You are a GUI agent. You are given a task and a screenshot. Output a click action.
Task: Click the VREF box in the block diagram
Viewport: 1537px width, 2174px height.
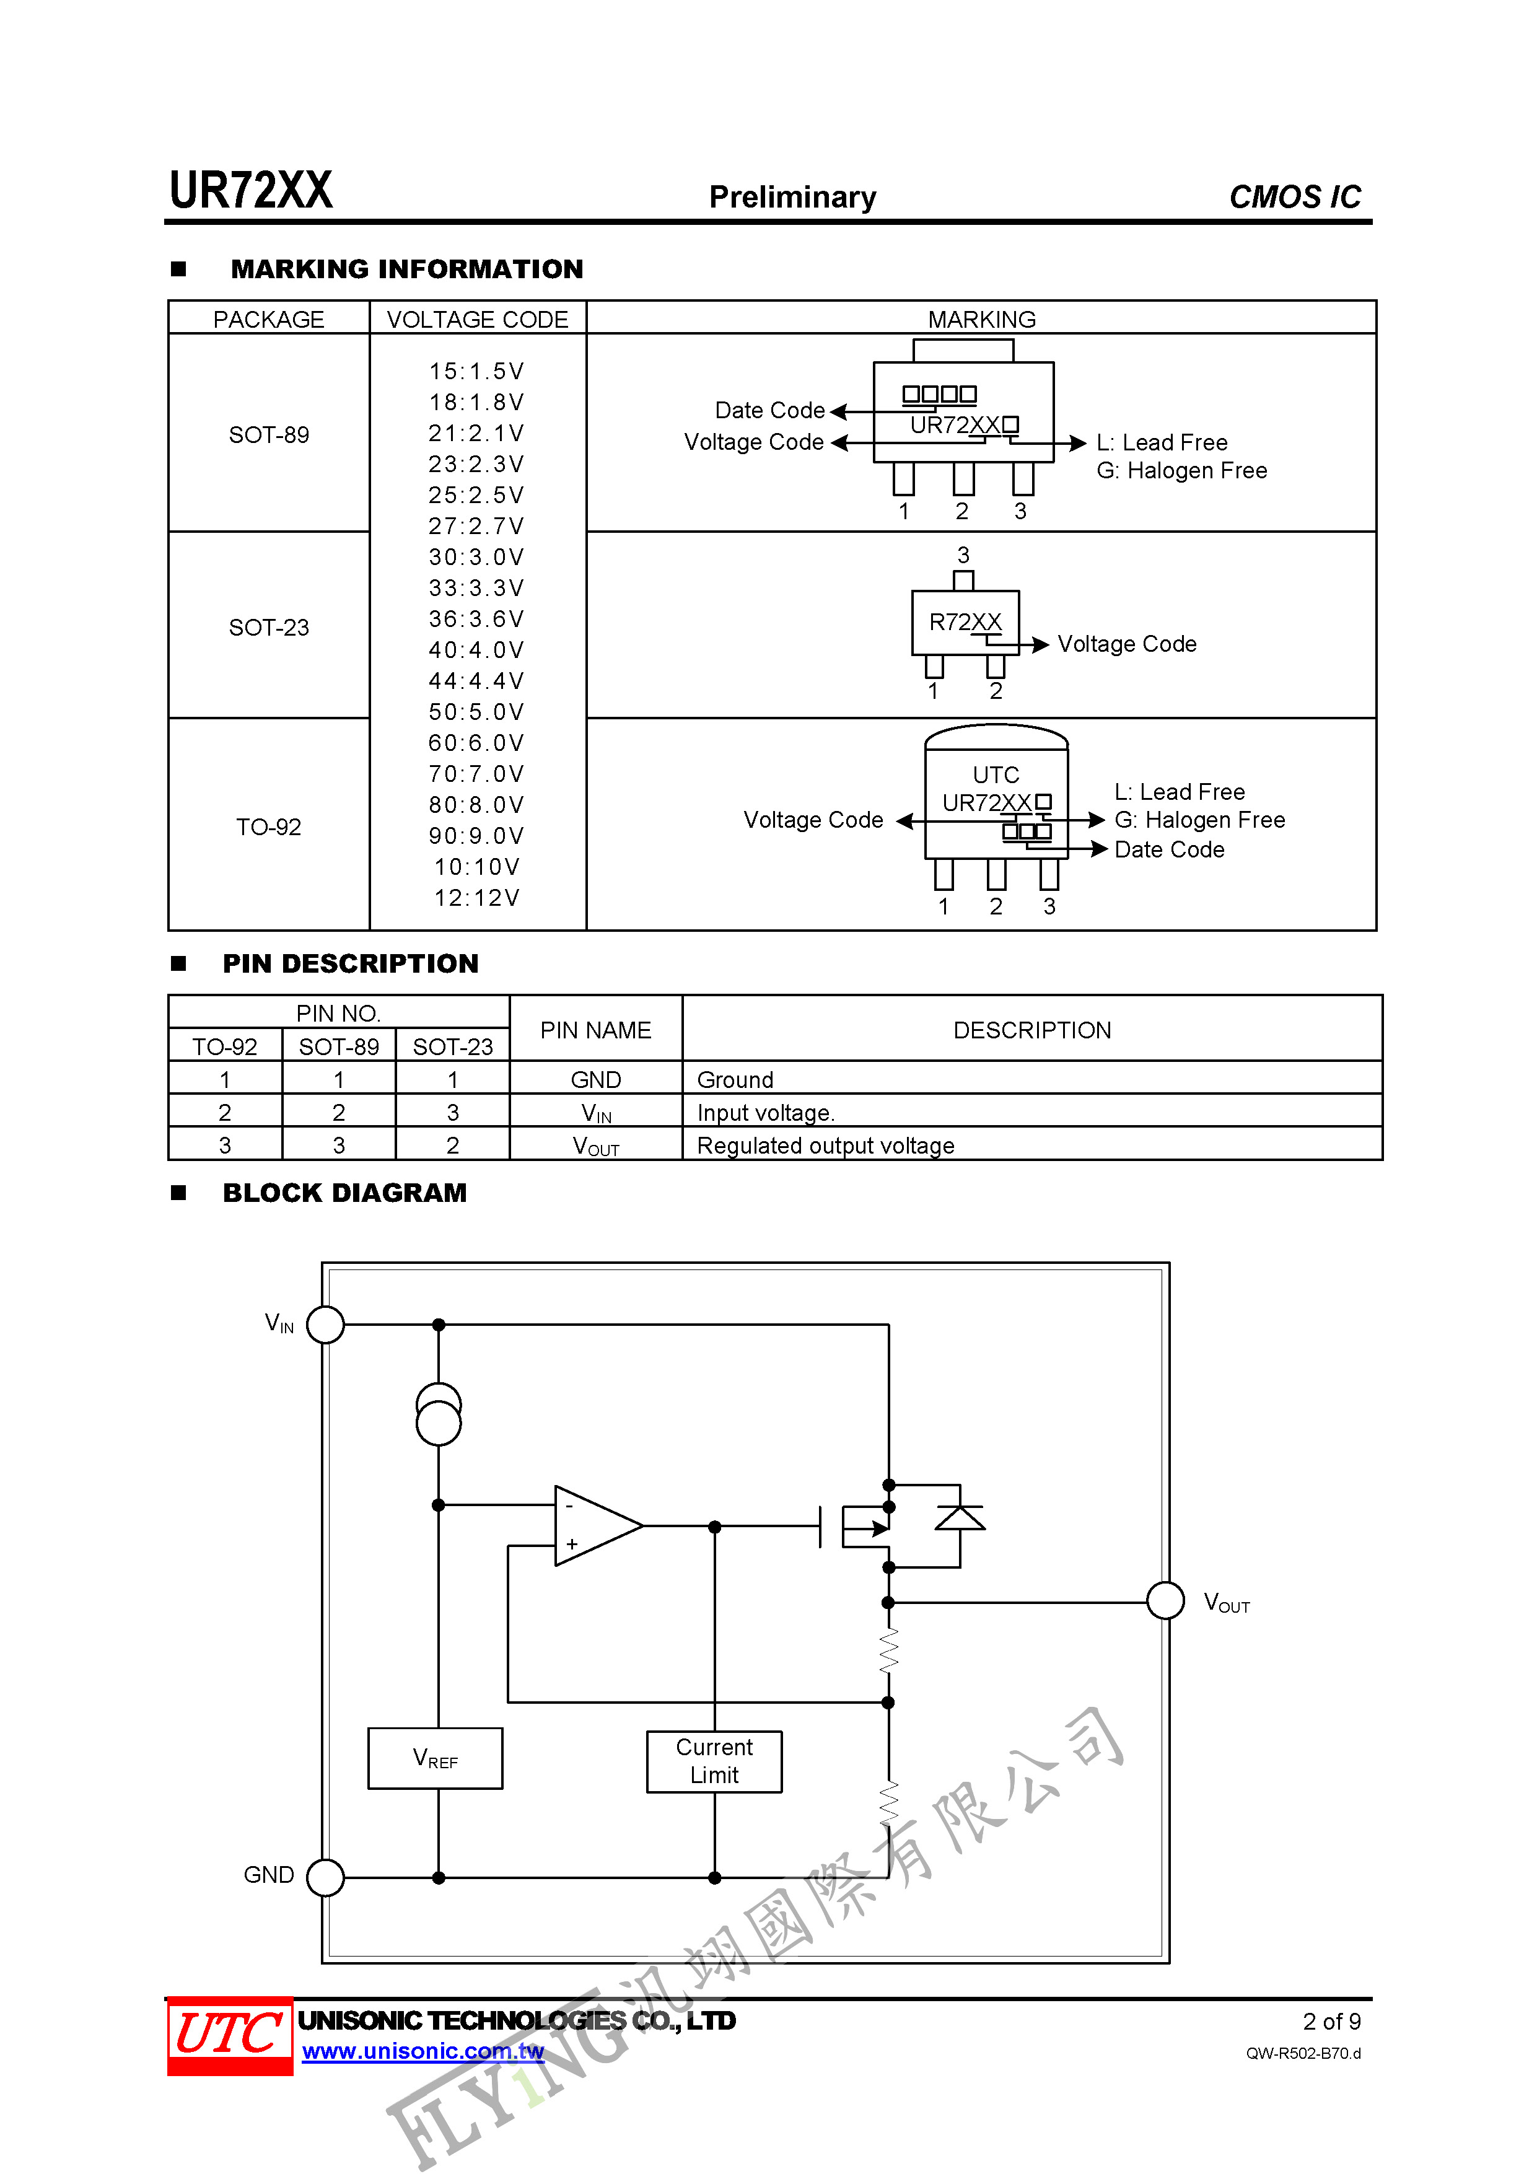click(x=435, y=1758)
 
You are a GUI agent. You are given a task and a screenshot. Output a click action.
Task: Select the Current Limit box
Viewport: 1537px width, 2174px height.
click(x=714, y=1761)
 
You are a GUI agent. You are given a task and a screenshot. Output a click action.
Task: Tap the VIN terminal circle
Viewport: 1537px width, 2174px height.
click(x=326, y=1324)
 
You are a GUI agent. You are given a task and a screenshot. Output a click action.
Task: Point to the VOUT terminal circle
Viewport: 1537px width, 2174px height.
click(x=1165, y=1601)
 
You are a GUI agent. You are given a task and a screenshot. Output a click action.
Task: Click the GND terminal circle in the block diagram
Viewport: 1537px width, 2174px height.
click(x=326, y=1877)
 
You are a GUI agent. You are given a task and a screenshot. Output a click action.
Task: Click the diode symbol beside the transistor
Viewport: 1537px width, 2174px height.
click(x=960, y=1518)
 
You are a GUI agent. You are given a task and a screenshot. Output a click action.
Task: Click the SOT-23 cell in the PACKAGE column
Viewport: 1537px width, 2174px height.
click(x=269, y=627)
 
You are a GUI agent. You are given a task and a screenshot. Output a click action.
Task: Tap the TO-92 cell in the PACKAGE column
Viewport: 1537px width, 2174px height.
click(x=269, y=826)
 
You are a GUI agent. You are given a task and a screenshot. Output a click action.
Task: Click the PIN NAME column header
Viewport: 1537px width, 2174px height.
click(x=596, y=1030)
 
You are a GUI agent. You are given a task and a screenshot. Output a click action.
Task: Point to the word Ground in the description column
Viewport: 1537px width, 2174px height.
click(x=735, y=1079)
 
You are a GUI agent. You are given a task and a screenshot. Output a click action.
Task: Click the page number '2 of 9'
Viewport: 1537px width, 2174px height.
click(x=1331, y=2022)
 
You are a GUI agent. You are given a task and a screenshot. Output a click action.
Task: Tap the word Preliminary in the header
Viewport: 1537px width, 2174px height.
click(x=792, y=197)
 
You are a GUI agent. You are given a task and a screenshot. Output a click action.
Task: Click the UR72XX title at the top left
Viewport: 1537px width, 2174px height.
click(x=251, y=190)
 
